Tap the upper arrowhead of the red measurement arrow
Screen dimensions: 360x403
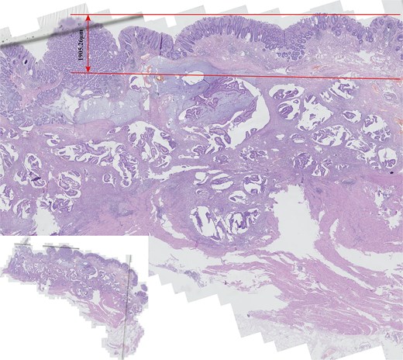coord(88,17)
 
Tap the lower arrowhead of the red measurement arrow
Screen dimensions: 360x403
coord(88,70)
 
